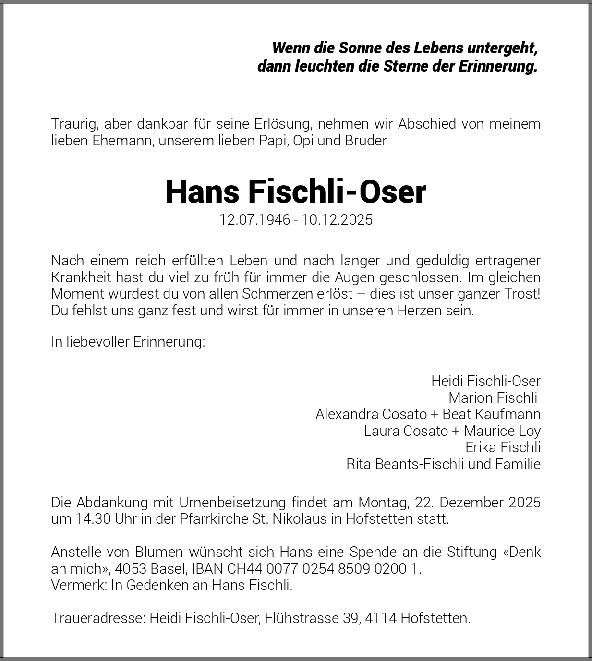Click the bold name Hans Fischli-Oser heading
pyautogui.click(x=296, y=192)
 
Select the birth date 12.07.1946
pyautogui.click(x=254, y=219)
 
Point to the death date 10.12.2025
pyautogui.click(x=337, y=219)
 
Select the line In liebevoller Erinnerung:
pyautogui.click(x=128, y=342)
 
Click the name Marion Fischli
pyautogui.click(x=493, y=397)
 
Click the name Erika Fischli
pyautogui.click(x=503, y=447)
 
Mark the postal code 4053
pyautogui.click(x=131, y=568)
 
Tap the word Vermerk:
pyautogui.click(x=79, y=585)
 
